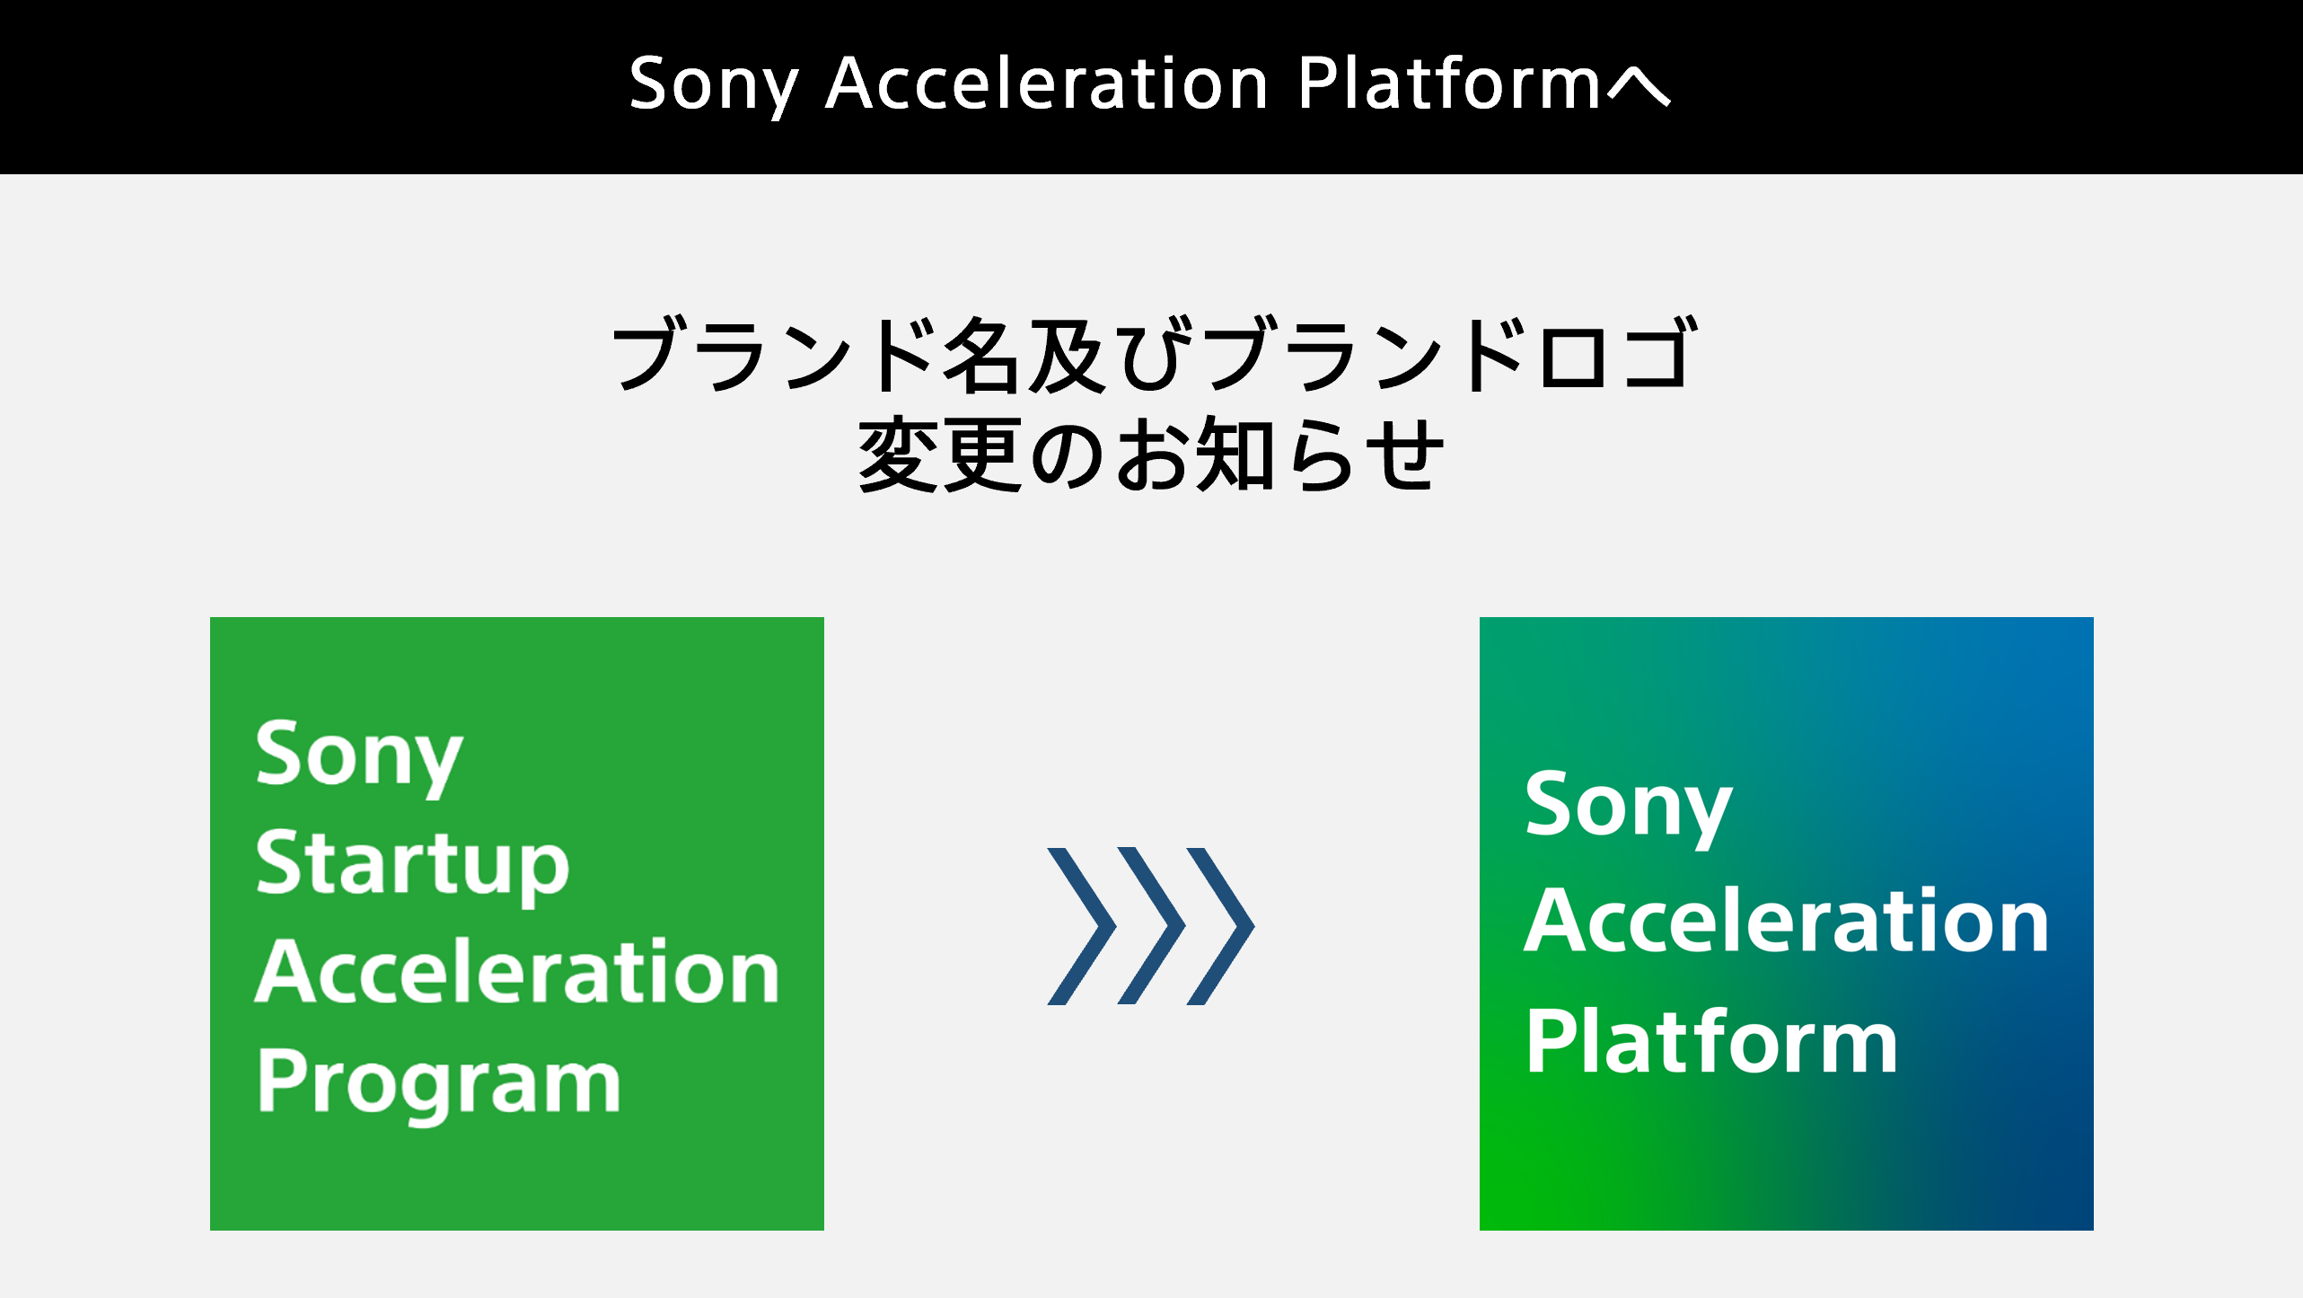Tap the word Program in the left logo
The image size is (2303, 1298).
point(438,1082)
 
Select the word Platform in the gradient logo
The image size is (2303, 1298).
point(1711,1042)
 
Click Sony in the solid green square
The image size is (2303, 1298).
point(358,755)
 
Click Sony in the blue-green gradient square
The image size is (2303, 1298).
point(1628,806)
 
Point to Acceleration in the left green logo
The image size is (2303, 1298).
point(517,972)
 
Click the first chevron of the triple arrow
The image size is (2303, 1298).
point(1081,925)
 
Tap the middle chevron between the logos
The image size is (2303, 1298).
point(1151,925)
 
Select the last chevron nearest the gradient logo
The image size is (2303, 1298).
point(1221,925)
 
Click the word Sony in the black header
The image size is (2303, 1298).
point(714,84)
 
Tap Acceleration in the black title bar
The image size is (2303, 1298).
point(1046,84)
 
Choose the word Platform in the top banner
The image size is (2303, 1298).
point(1449,84)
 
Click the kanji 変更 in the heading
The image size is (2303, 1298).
point(940,455)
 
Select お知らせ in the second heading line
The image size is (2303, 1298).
point(1279,456)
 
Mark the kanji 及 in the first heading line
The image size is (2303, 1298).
point(1066,356)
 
